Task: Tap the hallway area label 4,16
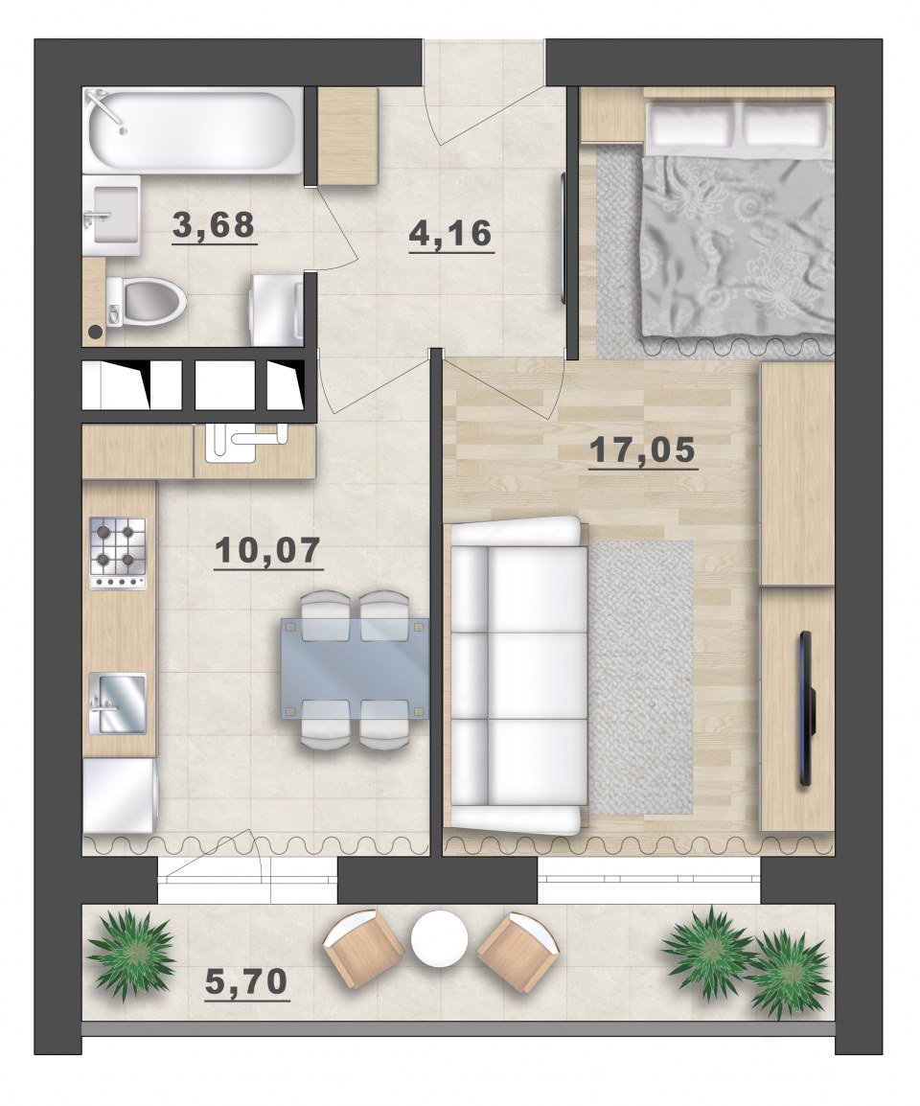[450, 234]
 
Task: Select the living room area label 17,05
[642, 449]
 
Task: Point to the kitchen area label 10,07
[268, 550]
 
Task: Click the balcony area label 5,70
[246, 981]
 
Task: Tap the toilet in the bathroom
[146, 301]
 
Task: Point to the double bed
[738, 218]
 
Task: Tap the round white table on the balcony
[440, 939]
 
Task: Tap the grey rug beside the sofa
[640, 678]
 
